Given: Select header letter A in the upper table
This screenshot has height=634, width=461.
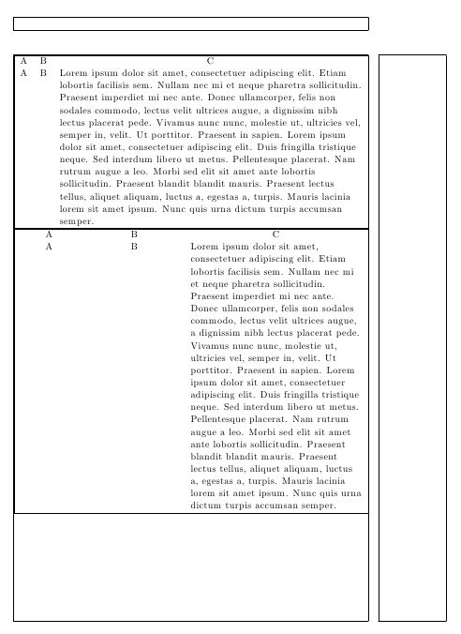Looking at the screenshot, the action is (23, 61).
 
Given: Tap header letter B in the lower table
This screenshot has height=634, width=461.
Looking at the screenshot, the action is (134, 234).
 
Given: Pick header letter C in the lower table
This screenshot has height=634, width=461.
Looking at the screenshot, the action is (275, 234).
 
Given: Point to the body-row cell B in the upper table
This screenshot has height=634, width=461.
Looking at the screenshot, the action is (43, 72).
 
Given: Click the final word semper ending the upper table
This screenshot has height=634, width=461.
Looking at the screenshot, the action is (76, 222).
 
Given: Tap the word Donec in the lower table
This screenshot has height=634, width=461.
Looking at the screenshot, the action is (205, 308).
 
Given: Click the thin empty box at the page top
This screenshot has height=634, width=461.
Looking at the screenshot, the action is (191, 23).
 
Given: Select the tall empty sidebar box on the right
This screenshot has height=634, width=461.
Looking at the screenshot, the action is (413, 338).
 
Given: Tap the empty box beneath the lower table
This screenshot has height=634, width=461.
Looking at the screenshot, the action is (191, 566).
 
